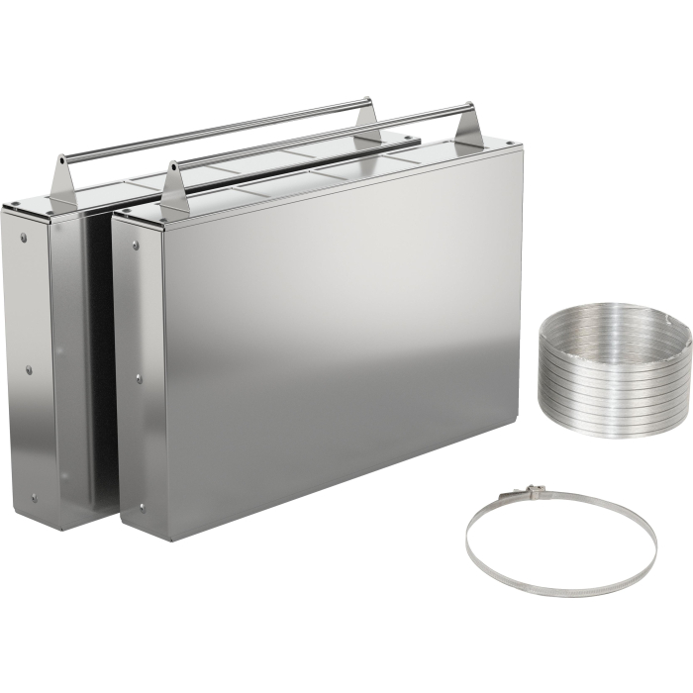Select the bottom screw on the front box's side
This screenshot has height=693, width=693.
pos(142,507)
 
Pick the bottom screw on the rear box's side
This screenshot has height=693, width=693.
pos(34,497)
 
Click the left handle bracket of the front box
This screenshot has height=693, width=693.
pos(174,188)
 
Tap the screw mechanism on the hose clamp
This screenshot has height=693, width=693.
pos(534,492)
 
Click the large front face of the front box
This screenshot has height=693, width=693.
pos(337,346)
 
